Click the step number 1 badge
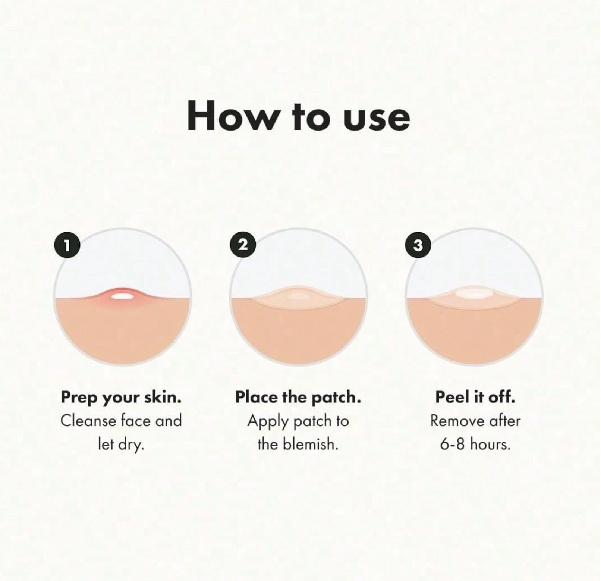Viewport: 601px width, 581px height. pos(67,245)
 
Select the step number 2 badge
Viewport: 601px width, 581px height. pos(243,245)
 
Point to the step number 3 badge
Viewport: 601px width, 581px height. pos(418,245)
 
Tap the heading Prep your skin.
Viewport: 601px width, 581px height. pos(121,398)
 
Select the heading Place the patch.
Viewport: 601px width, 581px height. pos(298,398)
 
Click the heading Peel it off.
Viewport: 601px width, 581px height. pos(475,397)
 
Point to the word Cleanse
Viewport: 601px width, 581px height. pos(88,421)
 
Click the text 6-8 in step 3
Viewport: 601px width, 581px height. pos(453,444)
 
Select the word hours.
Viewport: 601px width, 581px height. pos(490,444)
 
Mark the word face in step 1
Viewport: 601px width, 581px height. pos(136,421)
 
